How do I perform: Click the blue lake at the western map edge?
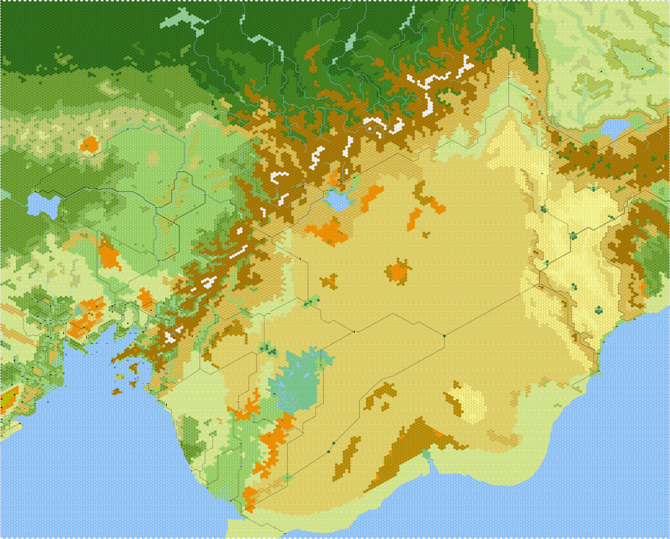pos(43,205)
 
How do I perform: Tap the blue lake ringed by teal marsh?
pos(337,200)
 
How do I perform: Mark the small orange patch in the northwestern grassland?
pos(89,143)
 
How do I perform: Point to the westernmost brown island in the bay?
pos(116,392)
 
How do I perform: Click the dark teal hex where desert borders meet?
pos(444,336)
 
